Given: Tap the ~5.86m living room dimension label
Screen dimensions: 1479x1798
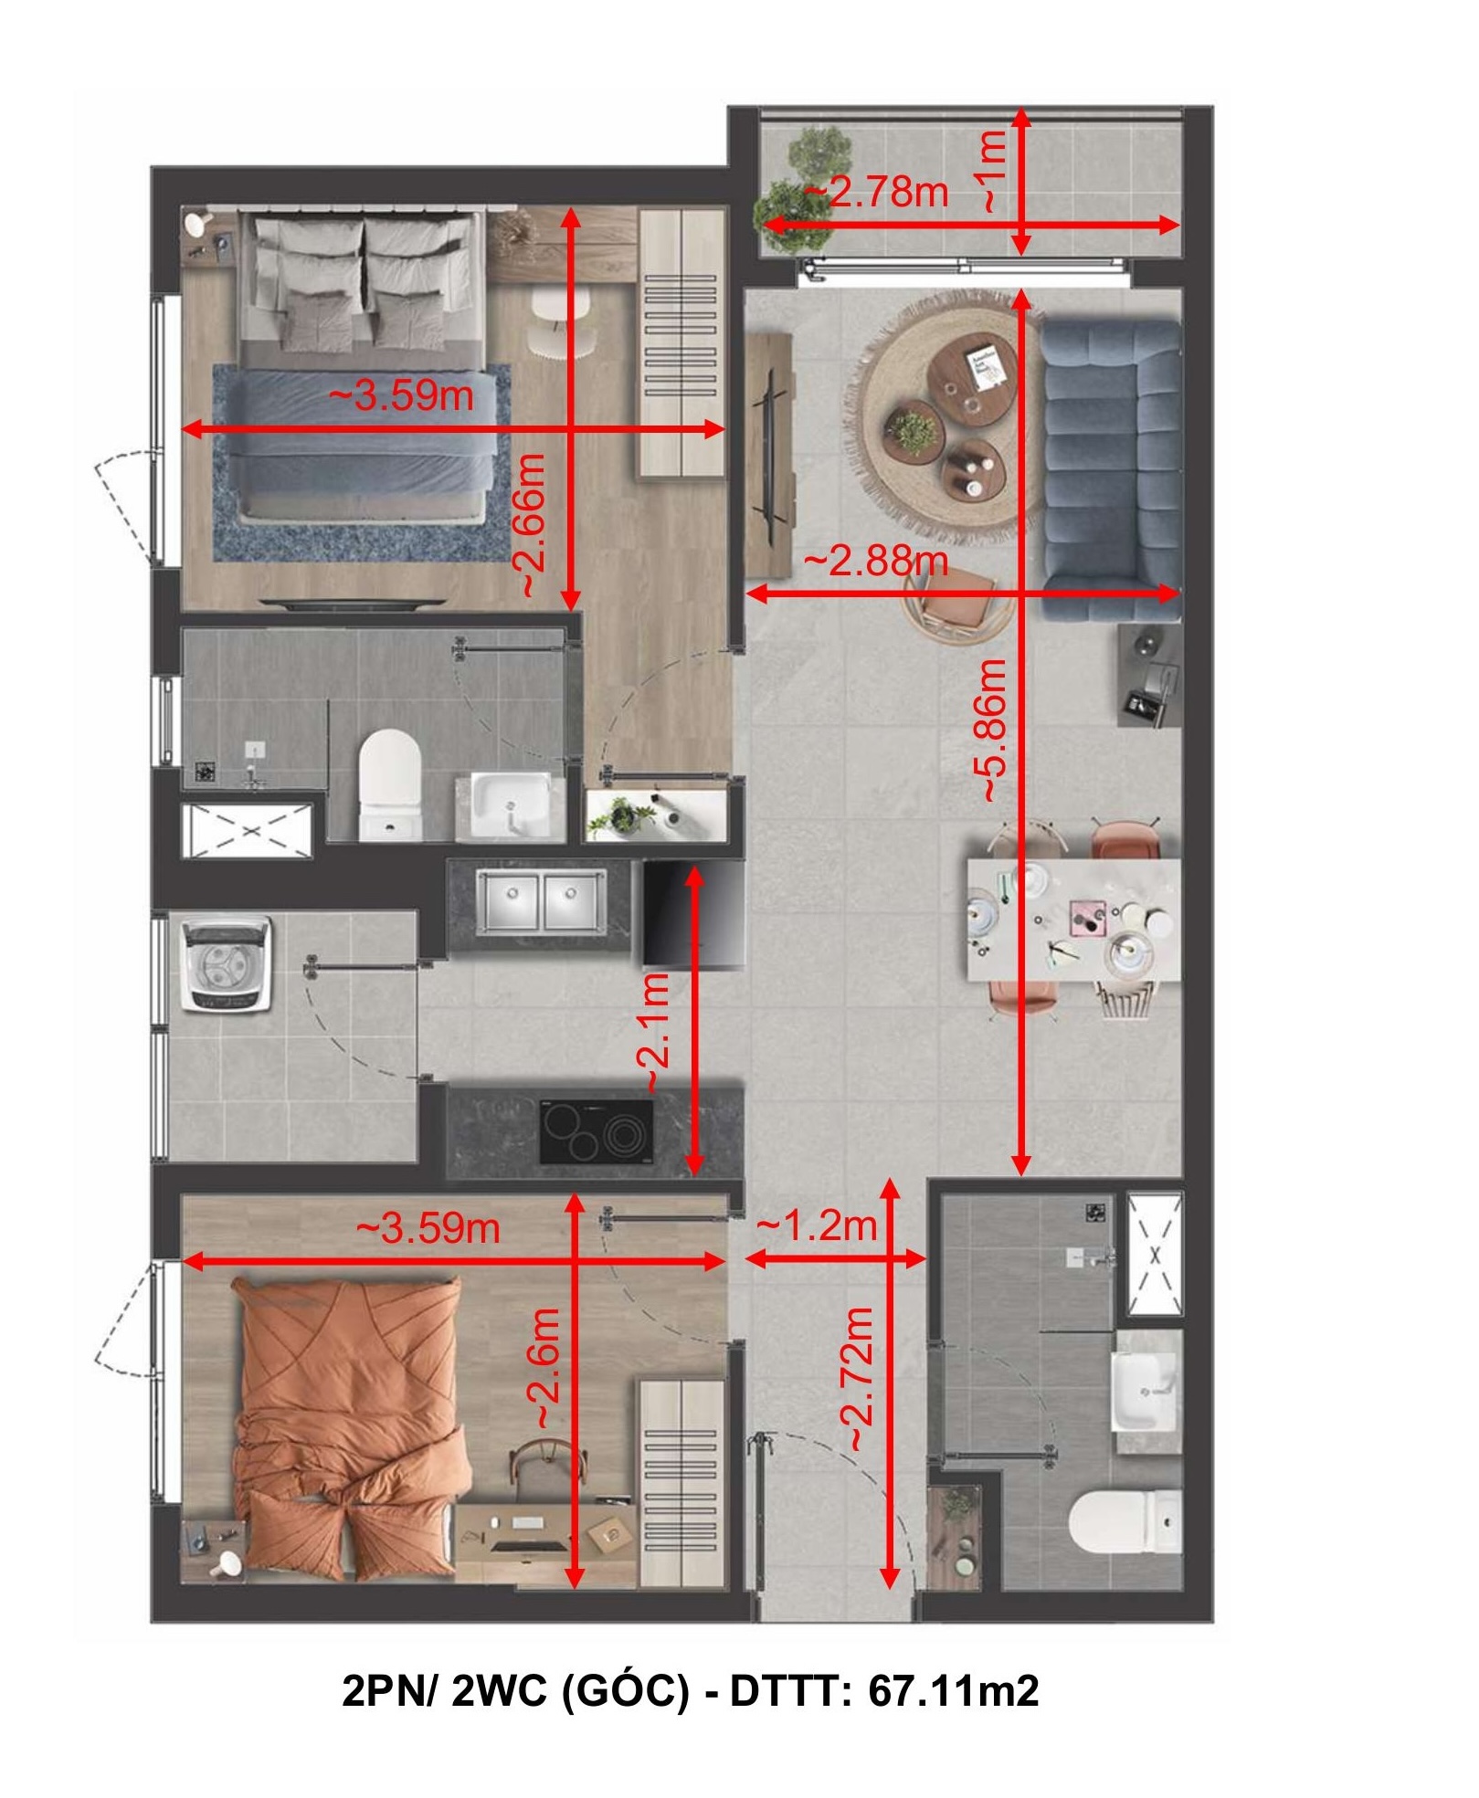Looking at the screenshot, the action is coord(993,731).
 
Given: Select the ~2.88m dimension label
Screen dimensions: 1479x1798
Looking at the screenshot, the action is coord(875,561).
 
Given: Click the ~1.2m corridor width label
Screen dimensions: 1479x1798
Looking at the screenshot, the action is coord(817,1225).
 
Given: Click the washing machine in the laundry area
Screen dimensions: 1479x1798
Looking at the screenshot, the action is coord(227,964).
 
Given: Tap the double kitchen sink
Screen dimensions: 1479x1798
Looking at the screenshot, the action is coord(541,901).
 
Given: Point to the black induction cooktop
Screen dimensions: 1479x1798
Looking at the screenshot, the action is coord(596,1131).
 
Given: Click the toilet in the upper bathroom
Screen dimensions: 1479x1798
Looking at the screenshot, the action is coord(390,783).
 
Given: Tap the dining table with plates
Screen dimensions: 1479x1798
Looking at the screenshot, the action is coord(1074,920).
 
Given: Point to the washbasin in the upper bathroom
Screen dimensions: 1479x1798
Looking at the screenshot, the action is coord(511,806).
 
